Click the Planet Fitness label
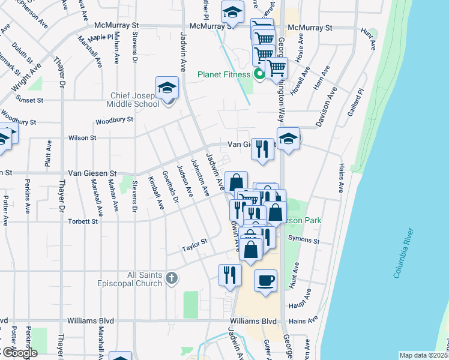[224, 75]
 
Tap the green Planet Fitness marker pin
[259, 74]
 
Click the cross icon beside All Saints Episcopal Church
[172, 278]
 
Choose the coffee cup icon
[265, 280]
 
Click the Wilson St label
[82, 138]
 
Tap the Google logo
[19, 353]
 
